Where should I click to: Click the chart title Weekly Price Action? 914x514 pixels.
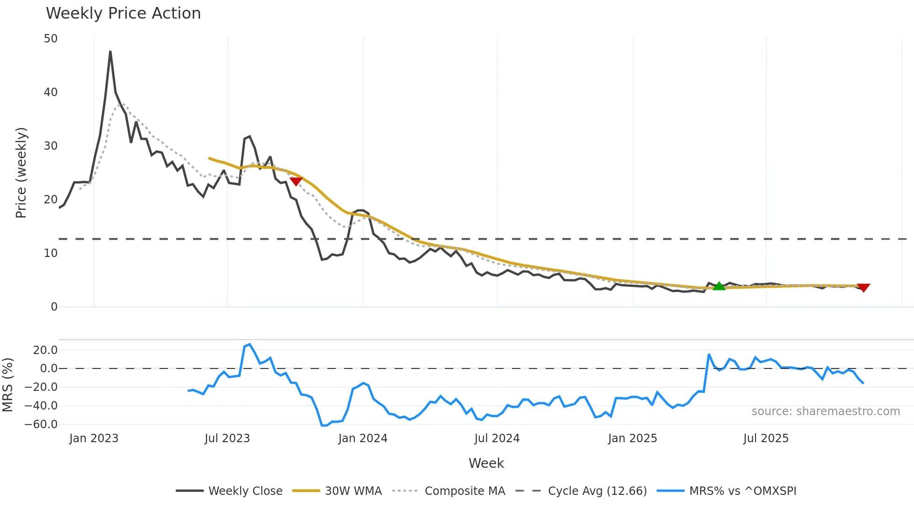(x=123, y=14)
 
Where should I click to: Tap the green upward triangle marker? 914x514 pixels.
(x=719, y=286)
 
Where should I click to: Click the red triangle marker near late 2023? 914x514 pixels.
(x=296, y=181)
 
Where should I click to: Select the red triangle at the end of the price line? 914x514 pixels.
(x=863, y=288)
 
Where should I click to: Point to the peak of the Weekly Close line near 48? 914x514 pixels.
(x=110, y=52)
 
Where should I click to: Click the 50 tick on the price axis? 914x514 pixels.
(x=50, y=39)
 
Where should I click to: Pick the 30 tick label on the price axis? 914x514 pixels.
(x=50, y=146)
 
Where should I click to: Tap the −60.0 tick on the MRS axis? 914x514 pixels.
(x=41, y=424)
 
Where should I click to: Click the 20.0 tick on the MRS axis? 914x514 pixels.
(x=45, y=350)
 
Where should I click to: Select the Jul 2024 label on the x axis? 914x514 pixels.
(x=497, y=438)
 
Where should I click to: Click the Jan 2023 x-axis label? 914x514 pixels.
(x=94, y=438)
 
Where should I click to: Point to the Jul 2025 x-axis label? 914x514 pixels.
(x=766, y=438)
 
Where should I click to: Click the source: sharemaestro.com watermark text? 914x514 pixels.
(x=825, y=411)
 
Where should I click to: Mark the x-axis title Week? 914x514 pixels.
(x=486, y=463)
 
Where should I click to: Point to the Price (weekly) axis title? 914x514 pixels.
(x=21, y=173)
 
